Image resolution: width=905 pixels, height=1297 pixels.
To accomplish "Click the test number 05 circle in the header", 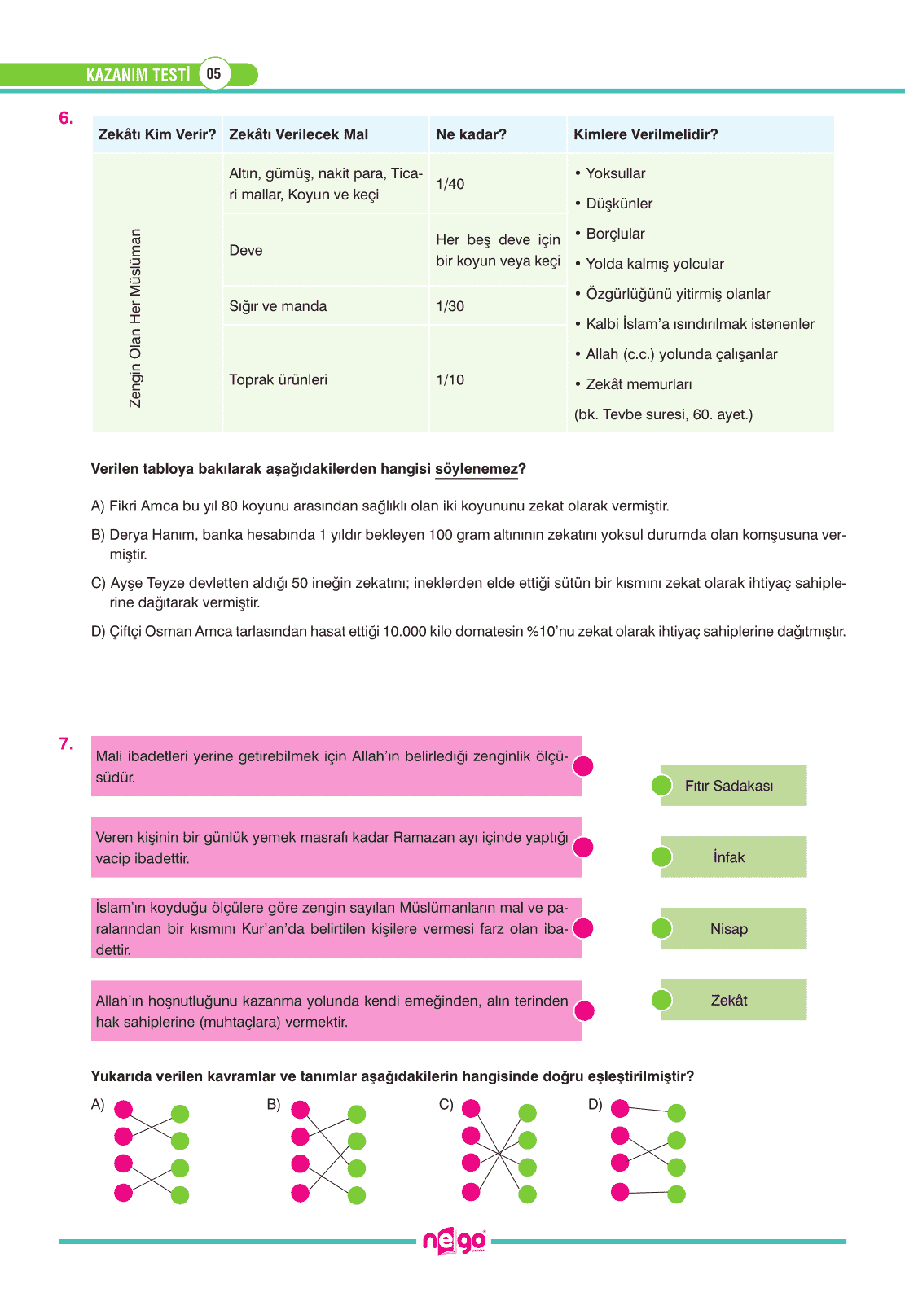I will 213,74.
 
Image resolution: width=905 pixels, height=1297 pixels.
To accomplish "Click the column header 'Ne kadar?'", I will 471,134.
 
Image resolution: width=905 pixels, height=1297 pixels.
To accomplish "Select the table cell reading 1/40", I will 450,184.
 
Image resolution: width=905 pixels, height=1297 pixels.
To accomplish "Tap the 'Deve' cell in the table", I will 246,250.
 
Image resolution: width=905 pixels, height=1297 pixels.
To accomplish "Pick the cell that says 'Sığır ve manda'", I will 278,306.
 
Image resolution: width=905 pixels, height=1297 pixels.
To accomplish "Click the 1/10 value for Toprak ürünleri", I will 450,379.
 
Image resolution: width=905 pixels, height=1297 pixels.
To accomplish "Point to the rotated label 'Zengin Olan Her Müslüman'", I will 135,318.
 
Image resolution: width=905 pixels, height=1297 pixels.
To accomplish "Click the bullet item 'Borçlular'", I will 615,234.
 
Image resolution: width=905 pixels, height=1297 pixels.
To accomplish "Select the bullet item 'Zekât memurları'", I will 639,384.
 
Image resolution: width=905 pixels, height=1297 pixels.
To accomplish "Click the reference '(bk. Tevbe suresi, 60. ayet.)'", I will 663,414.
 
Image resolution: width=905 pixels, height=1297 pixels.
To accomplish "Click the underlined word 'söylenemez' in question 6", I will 477,469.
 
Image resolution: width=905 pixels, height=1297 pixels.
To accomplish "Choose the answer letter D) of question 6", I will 99,632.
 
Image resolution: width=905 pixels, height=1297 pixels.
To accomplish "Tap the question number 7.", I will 66,743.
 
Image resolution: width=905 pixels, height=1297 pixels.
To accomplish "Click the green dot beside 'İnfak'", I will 661,857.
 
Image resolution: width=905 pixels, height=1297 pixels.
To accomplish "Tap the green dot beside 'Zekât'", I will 661,1000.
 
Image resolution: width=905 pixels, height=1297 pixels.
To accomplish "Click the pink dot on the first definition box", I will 583,766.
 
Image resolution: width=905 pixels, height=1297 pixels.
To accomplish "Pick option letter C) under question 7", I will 446,1105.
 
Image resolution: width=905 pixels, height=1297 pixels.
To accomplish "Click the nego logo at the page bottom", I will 454,1242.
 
